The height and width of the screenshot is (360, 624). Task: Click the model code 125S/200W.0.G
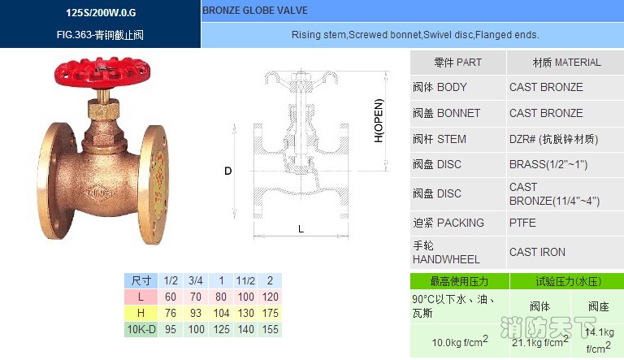point(101,13)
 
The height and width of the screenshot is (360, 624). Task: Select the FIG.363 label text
point(101,36)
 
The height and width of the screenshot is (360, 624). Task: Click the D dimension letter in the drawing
point(228,171)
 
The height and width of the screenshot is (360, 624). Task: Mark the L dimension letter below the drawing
point(301,229)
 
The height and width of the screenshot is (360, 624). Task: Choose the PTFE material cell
point(522,223)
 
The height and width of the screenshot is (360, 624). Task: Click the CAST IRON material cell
point(537,252)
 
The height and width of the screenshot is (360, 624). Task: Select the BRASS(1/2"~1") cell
point(548,164)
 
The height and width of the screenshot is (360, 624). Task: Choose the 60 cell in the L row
point(171,297)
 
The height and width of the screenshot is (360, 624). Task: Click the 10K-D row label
point(141,330)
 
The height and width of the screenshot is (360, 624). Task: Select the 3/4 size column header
point(195,280)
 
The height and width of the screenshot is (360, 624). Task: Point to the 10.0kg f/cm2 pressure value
point(459,341)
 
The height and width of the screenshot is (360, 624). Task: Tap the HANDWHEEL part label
point(446,259)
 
